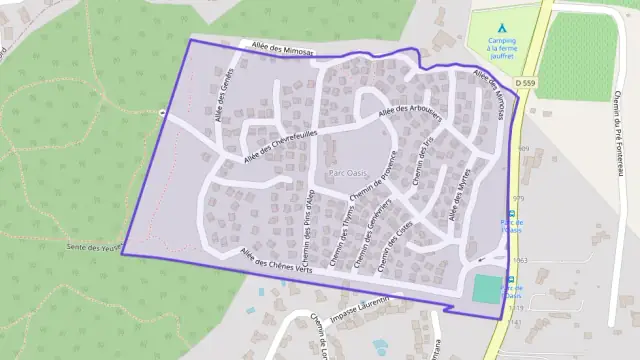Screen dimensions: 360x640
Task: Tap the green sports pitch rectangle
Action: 485,289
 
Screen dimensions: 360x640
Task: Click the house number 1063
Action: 519,260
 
